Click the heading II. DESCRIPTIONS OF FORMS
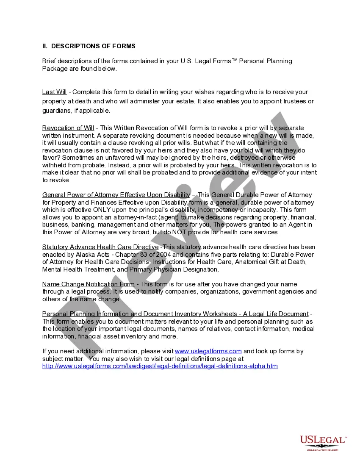tap(89, 46)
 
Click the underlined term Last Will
tap(55, 92)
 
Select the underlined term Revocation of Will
tap(68, 128)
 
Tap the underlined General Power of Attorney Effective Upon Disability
tap(116, 195)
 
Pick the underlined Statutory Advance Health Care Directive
tap(100, 247)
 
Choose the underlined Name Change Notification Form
tap(89, 284)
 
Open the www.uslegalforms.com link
tap(208, 351)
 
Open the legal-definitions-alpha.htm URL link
tap(160, 366)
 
